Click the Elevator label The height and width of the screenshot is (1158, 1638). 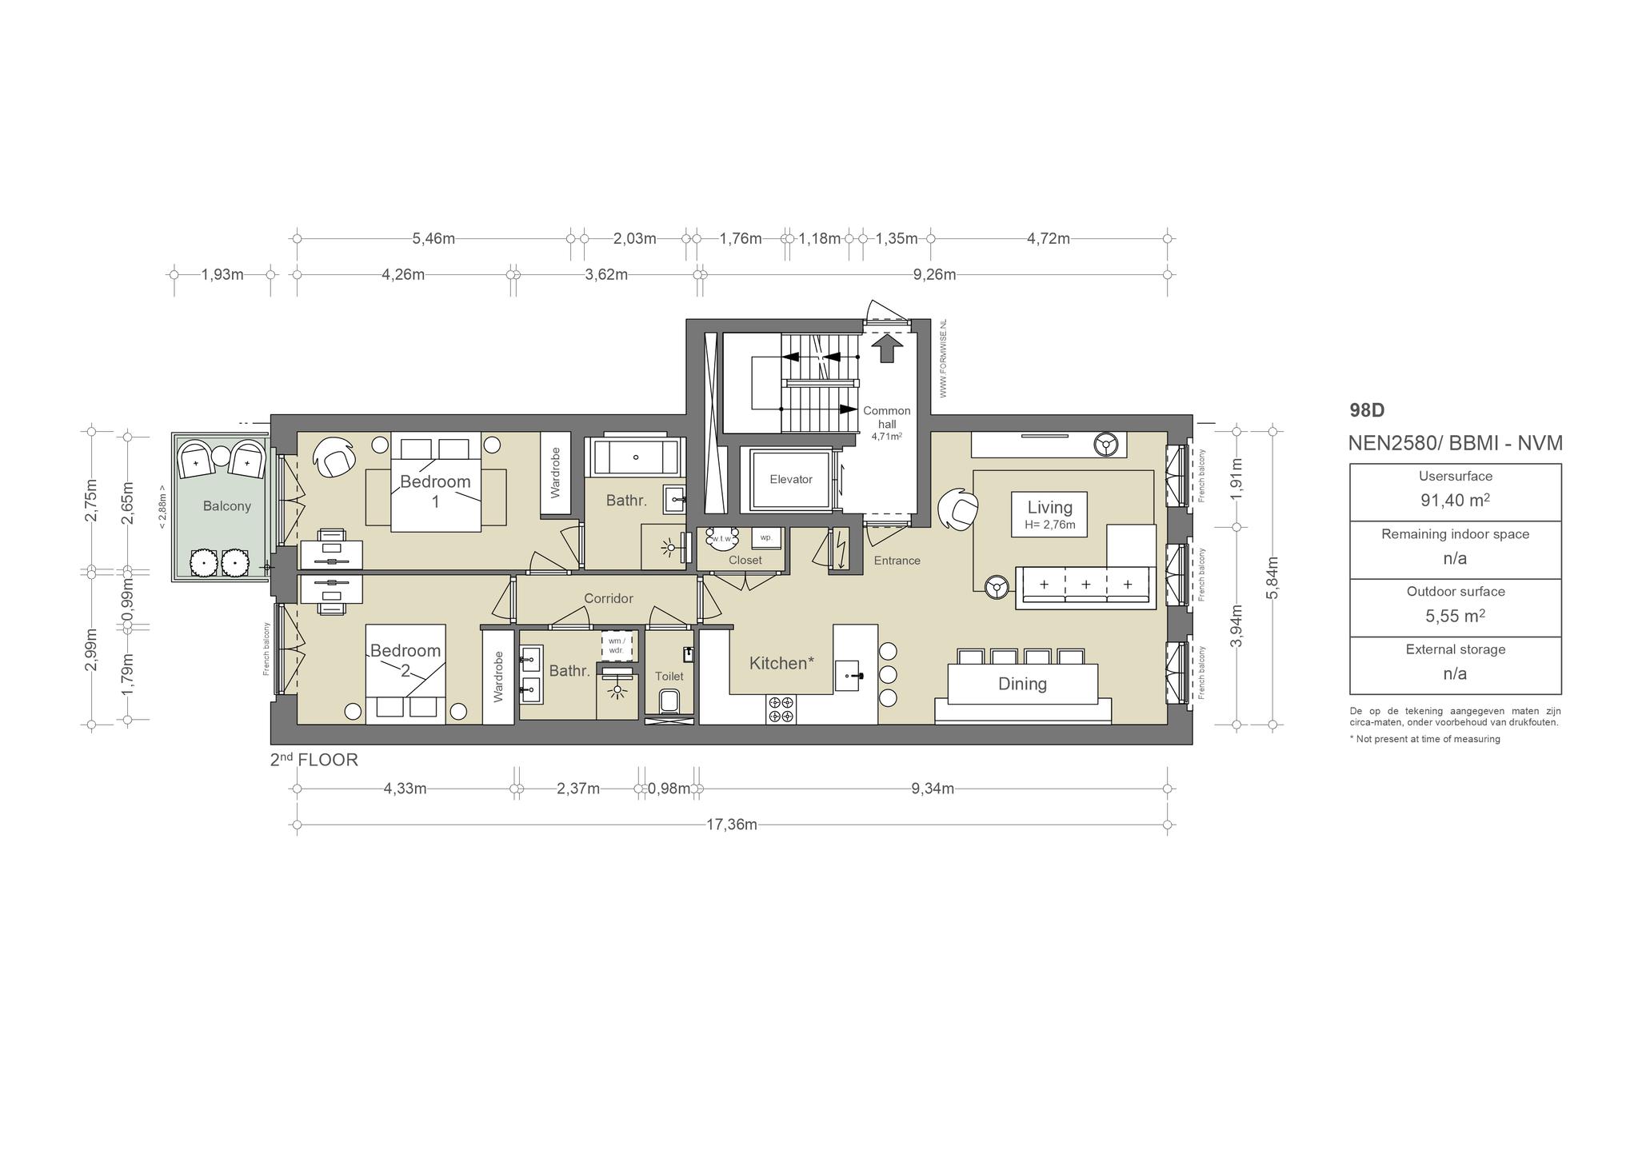[791, 479]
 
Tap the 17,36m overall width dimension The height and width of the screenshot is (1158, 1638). [732, 825]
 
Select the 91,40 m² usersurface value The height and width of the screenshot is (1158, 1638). [1455, 501]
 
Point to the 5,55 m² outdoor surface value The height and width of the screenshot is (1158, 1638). [1455, 616]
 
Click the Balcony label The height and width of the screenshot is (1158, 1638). [227, 505]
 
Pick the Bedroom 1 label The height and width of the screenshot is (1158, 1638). [435, 491]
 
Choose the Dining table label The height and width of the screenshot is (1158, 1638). [1022, 684]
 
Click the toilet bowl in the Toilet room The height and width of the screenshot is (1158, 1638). [669, 702]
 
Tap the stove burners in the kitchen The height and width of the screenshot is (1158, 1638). [781, 709]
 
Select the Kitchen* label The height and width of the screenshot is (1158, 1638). [781, 663]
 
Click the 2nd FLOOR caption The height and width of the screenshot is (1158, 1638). [314, 760]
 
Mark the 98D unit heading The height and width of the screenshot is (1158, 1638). [1367, 410]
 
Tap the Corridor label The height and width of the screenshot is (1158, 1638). [609, 598]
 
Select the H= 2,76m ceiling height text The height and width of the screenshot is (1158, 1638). [1049, 525]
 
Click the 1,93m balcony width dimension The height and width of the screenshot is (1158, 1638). [222, 274]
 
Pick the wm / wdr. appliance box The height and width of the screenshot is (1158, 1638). [617, 645]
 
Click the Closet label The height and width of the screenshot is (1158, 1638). [745, 560]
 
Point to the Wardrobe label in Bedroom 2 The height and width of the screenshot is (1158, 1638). [498, 677]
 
